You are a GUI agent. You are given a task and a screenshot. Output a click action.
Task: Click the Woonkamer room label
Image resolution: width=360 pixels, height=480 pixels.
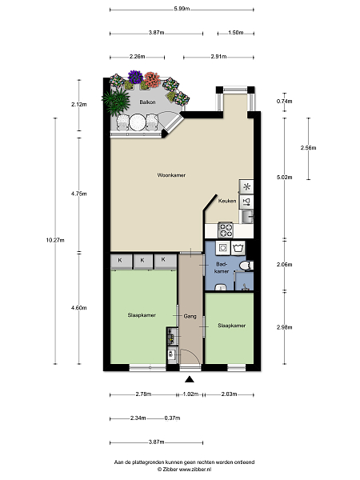171,175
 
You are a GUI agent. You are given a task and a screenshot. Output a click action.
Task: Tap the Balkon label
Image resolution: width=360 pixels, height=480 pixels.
147,102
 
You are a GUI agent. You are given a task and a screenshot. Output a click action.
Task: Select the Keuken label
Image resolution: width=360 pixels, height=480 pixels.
227,201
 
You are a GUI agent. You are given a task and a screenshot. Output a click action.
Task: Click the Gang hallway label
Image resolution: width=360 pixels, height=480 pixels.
190,316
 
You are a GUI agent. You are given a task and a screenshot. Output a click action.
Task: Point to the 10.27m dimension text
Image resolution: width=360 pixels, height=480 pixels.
55,240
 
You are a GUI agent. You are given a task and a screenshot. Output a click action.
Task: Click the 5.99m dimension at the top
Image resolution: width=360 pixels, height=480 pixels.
182,9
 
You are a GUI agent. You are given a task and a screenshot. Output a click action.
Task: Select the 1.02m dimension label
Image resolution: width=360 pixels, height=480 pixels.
190,394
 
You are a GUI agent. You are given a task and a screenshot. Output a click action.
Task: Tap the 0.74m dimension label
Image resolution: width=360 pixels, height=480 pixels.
284,102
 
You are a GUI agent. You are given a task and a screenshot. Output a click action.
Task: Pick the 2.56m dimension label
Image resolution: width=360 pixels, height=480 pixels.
308,148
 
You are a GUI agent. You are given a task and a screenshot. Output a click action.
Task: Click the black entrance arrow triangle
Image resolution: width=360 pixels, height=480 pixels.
190,379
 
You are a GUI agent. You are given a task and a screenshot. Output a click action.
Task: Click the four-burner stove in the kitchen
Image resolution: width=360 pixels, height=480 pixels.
226,230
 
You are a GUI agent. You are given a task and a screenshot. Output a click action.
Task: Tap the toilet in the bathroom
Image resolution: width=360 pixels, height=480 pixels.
246,266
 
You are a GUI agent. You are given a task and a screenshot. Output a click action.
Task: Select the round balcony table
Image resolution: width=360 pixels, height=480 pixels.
137,122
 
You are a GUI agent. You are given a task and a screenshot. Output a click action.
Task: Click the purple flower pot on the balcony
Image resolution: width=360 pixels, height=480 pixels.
135,77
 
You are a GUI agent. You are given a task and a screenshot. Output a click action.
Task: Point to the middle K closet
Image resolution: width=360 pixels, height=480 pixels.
142,261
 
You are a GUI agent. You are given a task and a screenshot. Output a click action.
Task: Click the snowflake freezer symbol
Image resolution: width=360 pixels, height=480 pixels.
246,186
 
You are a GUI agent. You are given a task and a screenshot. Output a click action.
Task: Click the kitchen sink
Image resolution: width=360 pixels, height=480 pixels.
246,217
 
